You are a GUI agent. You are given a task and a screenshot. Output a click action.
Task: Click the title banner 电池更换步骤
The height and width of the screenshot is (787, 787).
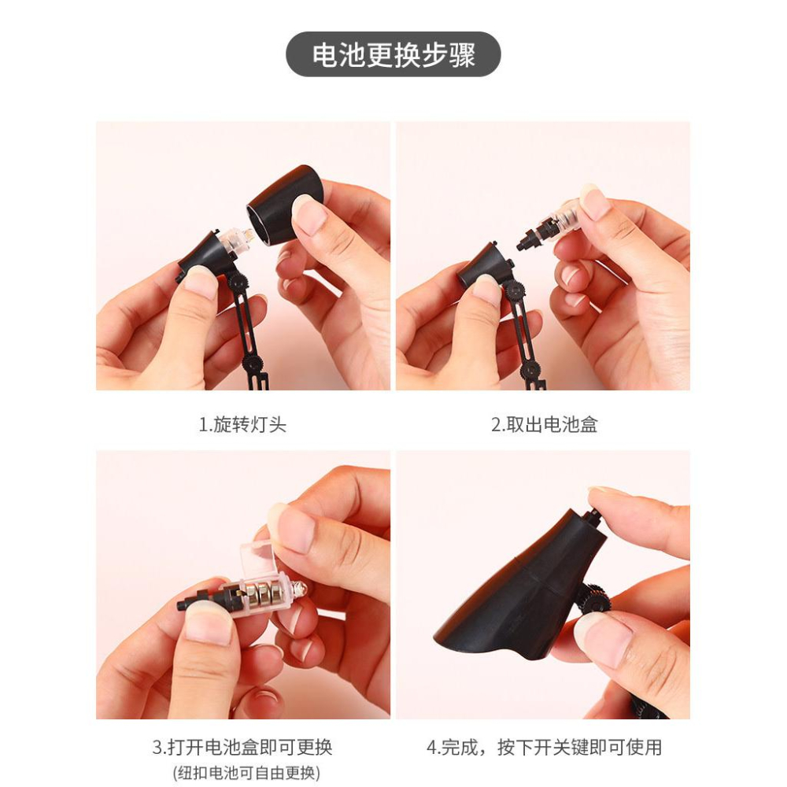click(393, 54)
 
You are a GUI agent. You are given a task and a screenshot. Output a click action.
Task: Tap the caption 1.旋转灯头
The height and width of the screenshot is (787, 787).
click(242, 425)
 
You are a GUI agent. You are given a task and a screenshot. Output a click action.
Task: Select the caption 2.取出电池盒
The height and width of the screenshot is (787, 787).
click(544, 425)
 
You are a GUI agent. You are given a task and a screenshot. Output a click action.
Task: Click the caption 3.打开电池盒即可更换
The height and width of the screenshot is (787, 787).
click(242, 747)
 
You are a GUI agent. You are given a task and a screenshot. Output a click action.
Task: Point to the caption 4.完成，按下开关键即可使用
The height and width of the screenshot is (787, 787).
click(544, 747)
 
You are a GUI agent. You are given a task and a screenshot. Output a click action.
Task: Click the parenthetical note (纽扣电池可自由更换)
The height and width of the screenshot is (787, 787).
click(246, 773)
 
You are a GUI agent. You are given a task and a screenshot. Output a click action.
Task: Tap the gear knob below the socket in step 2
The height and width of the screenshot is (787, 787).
click(514, 290)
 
